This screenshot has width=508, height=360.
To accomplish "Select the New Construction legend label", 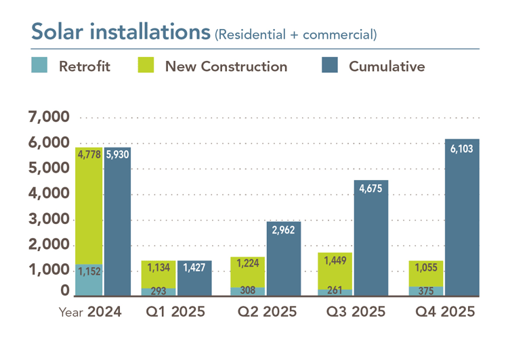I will [226, 66].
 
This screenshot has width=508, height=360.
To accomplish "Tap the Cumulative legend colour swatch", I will [329, 66].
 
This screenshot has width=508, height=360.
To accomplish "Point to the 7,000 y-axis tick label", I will [49, 118].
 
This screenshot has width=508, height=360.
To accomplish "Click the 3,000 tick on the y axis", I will [49, 220].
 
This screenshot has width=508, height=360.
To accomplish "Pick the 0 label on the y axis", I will [64, 291].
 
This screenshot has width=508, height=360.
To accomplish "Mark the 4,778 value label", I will [89, 154].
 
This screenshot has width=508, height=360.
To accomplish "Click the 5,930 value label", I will [118, 154].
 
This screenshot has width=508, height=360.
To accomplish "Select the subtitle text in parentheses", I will [295, 34].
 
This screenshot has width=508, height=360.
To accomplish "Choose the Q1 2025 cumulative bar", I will [194, 279].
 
